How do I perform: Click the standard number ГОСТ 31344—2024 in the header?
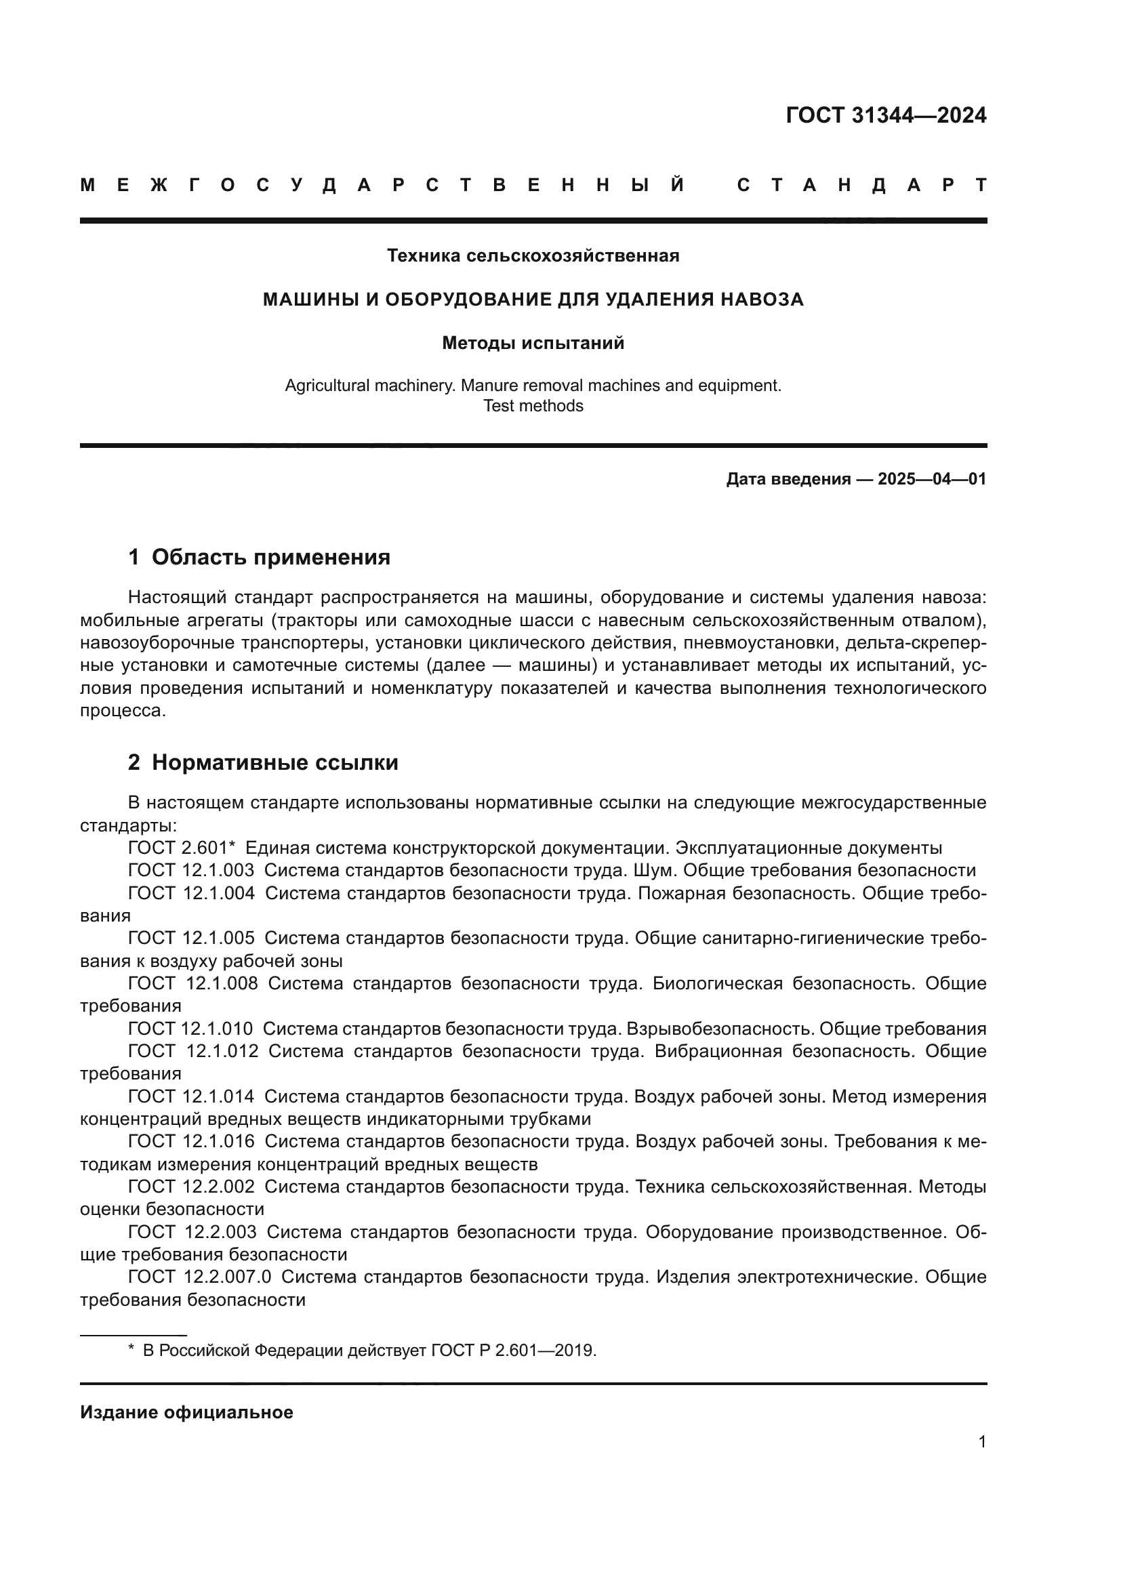coord(886,115)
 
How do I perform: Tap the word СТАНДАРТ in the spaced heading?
coord(861,186)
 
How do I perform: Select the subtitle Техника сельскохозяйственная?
coord(533,256)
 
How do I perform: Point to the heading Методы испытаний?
coord(533,343)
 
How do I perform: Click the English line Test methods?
coord(533,406)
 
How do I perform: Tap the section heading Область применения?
coord(270,557)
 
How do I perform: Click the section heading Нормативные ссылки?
coord(274,763)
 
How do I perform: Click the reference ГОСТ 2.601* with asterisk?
coord(182,848)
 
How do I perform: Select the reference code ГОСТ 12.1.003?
coord(191,871)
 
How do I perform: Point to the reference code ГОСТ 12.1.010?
coord(190,1029)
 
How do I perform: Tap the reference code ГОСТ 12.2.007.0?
coord(199,1277)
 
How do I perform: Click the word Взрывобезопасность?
coord(721,1029)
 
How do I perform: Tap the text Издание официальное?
coord(186,1412)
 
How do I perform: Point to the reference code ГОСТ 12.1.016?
coord(191,1142)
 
